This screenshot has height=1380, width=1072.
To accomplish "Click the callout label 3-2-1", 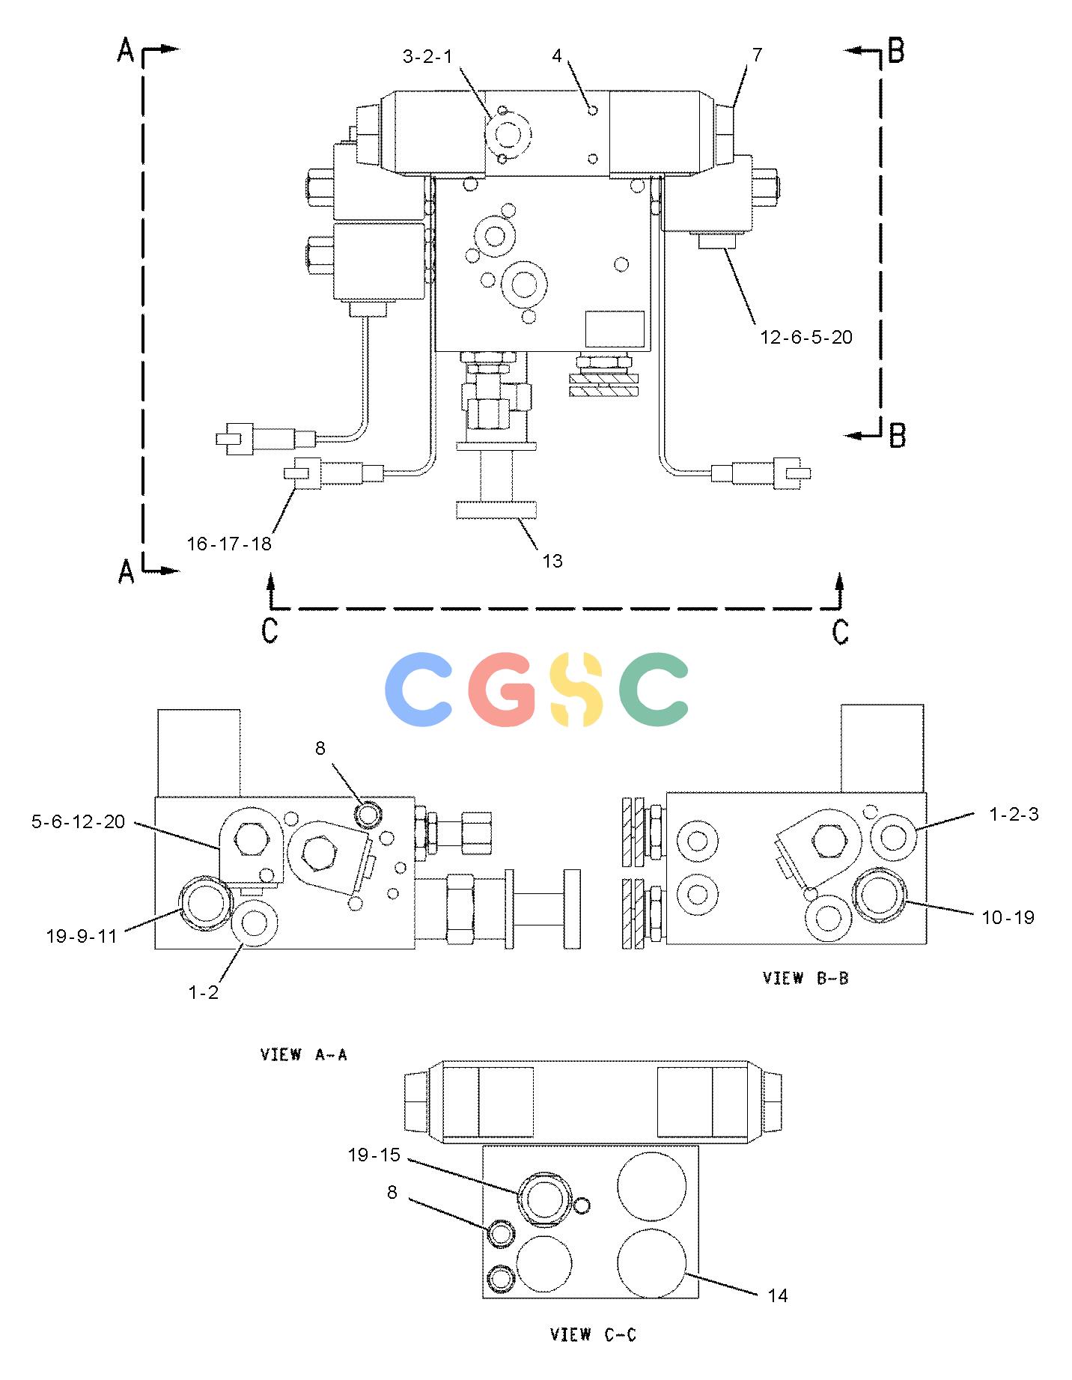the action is (427, 56).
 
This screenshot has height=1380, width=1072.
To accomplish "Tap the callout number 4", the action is (557, 56).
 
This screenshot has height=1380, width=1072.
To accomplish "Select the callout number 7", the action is (757, 55).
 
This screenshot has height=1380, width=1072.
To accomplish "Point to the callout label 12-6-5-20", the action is (806, 338).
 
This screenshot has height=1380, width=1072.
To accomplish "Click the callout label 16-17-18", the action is (229, 544).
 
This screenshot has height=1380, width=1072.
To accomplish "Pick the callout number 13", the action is (552, 561).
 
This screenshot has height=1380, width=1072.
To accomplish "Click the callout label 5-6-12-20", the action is (78, 822).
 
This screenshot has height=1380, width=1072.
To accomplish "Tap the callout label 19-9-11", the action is (82, 936).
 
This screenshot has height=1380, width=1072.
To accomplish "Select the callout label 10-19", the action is (1008, 917).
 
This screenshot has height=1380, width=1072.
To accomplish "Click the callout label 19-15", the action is (374, 1155).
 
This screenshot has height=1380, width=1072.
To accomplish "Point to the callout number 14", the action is (778, 1295).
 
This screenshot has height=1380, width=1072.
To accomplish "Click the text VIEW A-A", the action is (304, 1055).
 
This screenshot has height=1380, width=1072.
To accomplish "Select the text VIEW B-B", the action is (805, 978).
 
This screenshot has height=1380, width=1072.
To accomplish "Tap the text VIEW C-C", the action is (593, 1334).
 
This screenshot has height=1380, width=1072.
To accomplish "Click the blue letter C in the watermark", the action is (418, 689).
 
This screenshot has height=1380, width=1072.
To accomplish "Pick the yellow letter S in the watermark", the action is (577, 689).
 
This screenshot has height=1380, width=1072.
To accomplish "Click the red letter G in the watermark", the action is (502, 689).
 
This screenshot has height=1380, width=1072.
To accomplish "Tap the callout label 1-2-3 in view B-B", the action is (1014, 815).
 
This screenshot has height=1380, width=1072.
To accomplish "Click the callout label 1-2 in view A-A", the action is (203, 993).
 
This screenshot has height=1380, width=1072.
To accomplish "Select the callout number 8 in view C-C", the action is (392, 1192).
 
